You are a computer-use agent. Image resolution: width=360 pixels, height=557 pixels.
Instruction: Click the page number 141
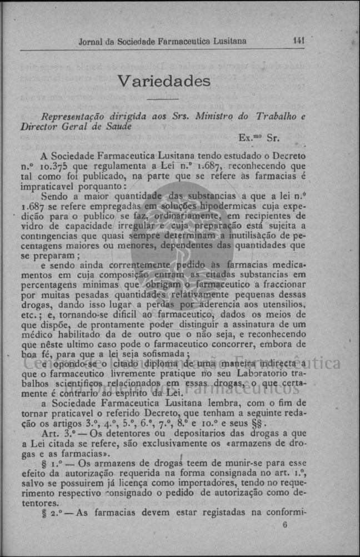tap(299, 41)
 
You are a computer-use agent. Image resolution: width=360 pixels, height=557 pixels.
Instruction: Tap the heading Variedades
tap(164, 81)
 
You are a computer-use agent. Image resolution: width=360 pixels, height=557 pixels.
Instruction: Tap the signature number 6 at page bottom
tap(285, 524)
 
